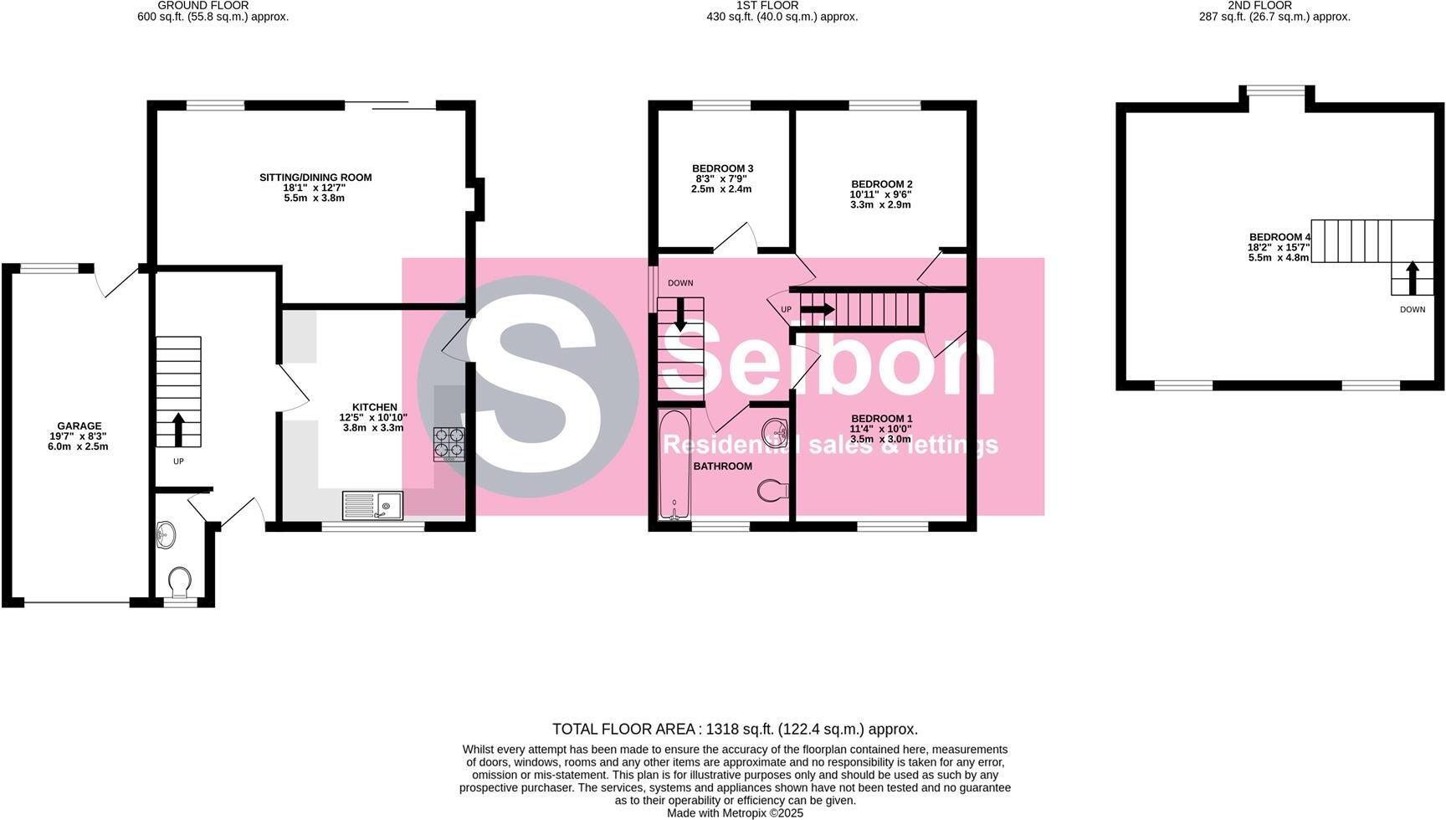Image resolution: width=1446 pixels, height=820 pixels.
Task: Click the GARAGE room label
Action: pyautogui.click(x=79, y=426)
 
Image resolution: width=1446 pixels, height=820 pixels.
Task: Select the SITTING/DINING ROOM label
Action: pyautogui.click(x=315, y=178)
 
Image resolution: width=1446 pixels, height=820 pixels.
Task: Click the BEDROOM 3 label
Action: pyautogui.click(x=722, y=169)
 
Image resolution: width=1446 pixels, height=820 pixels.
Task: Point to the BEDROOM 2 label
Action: pyautogui.click(x=881, y=184)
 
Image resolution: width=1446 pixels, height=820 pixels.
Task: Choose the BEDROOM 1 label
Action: pyautogui.click(x=881, y=419)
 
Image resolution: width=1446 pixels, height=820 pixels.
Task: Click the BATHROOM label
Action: pyautogui.click(x=722, y=467)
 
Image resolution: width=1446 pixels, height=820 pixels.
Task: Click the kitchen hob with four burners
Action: pyautogui.click(x=449, y=444)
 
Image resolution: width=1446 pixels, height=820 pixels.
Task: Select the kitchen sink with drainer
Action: pyautogui.click(x=372, y=505)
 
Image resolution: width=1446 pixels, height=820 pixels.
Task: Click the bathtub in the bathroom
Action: pyautogui.click(x=674, y=465)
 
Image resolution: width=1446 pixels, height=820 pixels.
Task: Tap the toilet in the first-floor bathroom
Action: pyautogui.click(x=772, y=490)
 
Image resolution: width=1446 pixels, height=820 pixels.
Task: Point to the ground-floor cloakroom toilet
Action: pyautogui.click(x=179, y=580)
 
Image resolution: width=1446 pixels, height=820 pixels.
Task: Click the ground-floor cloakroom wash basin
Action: pyautogui.click(x=166, y=534)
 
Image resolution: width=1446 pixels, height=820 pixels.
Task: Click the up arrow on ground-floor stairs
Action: pyautogui.click(x=178, y=429)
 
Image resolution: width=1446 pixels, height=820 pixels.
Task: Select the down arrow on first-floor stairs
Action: pyautogui.click(x=680, y=314)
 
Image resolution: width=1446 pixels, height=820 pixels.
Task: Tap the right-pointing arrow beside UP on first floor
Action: pyautogui.click(x=818, y=310)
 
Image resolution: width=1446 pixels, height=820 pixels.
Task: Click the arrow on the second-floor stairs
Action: pyautogui.click(x=1413, y=278)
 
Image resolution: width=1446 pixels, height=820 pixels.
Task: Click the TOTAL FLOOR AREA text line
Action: pyautogui.click(x=735, y=730)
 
